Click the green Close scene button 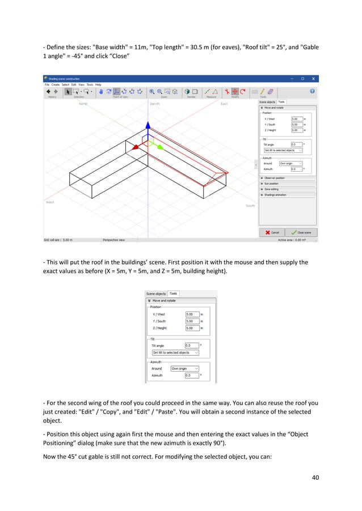pos(301,232)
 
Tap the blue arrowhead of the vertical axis pos(148,125)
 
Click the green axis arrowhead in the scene pos(160,146)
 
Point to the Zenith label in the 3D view pos(154,104)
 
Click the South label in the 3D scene pos(250,206)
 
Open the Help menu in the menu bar pos(98,84)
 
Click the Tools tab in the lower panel pos(174,293)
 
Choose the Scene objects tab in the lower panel pos(156,293)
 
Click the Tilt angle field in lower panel pos(192,345)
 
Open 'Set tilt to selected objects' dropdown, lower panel pos(175,352)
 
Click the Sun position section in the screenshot pos(272,184)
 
